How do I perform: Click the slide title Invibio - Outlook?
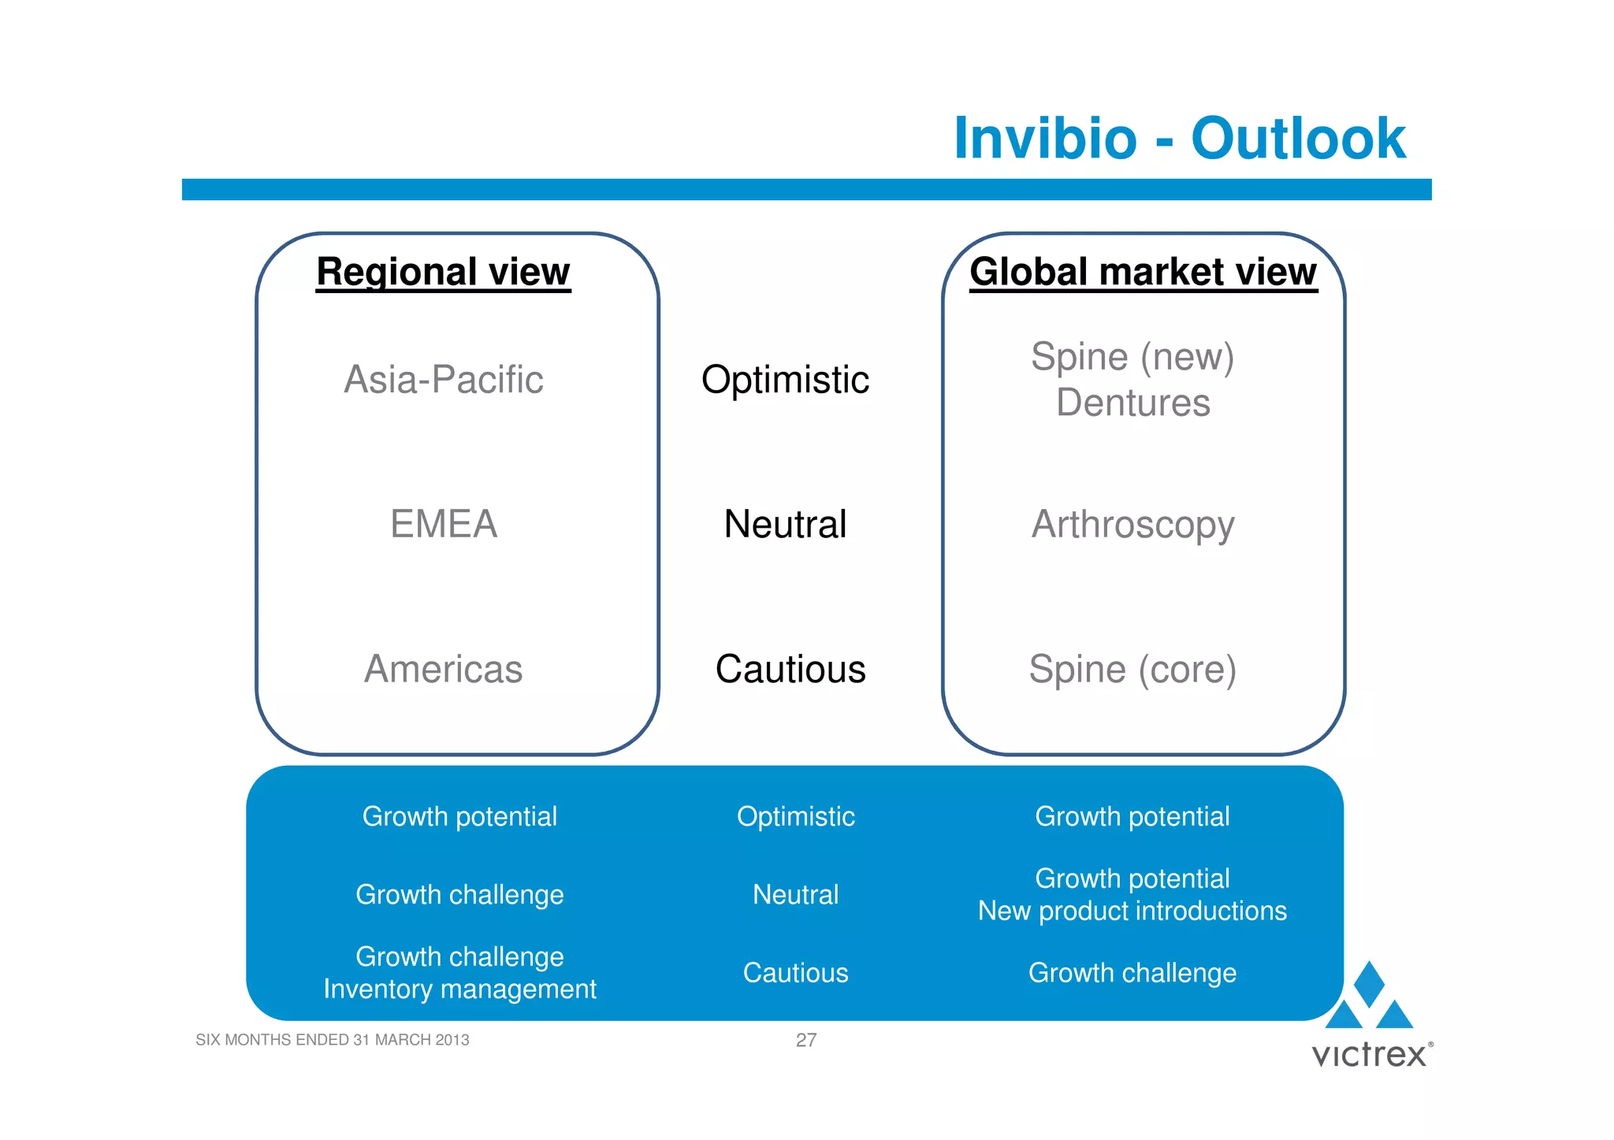tap(1179, 139)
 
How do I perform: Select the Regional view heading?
tap(443, 272)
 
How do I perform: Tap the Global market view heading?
tap(1143, 272)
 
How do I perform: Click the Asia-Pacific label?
tap(444, 380)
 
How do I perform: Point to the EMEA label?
tap(444, 525)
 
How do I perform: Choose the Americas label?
tap(444, 670)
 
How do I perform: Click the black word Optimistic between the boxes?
tap(785, 380)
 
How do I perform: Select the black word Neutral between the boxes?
tap(785, 525)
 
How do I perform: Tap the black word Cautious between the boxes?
tap(790, 670)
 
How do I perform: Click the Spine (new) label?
tap(1132, 357)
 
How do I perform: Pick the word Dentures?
tap(1132, 403)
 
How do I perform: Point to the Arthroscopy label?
tap(1132, 525)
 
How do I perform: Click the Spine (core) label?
tap(1132, 670)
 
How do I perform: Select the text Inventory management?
tap(459, 990)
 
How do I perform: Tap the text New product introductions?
tap(1132, 912)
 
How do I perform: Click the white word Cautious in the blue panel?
tap(795, 973)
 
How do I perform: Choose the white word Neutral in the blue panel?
tap(795, 895)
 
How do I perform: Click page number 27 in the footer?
tap(805, 1040)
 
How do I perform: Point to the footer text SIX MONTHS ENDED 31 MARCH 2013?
tap(332, 1040)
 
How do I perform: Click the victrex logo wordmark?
tap(1370, 1055)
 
